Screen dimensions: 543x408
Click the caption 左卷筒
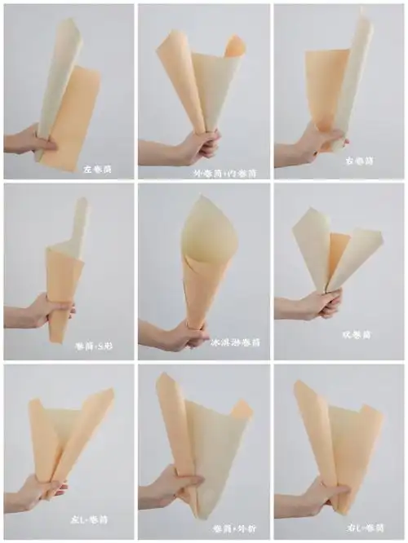click(x=97, y=170)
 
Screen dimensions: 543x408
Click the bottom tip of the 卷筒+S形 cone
click(x=55, y=340)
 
